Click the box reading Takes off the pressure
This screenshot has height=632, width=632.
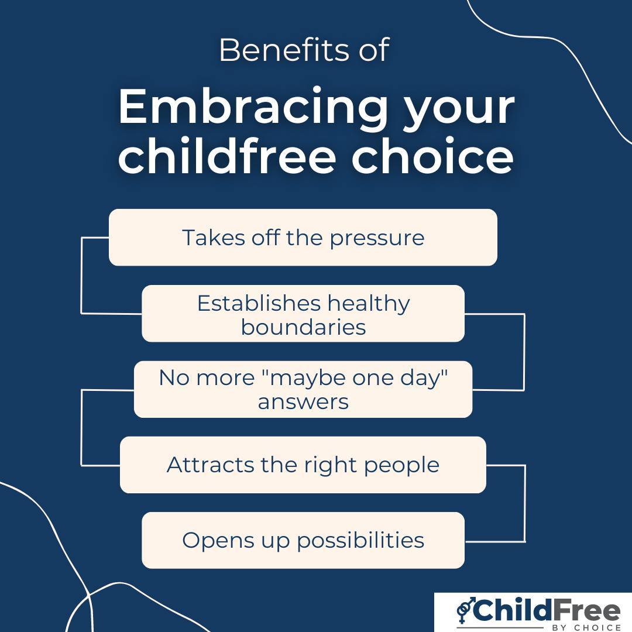tap(303, 238)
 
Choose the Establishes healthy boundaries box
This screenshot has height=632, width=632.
tap(303, 314)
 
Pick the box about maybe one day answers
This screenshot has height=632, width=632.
tap(303, 390)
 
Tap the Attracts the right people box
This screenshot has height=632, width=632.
tap(303, 465)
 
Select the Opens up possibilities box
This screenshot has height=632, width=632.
tap(303, 540)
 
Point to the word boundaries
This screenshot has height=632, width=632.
tap(303, 327)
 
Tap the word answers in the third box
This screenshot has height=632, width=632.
tap(303, 402)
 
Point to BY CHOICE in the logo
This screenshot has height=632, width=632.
tap(586, 627)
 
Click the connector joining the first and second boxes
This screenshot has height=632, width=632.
tap(81, 275)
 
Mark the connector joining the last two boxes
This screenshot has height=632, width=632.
tap(524, 503)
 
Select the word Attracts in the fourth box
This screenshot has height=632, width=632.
tap(202, 465)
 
